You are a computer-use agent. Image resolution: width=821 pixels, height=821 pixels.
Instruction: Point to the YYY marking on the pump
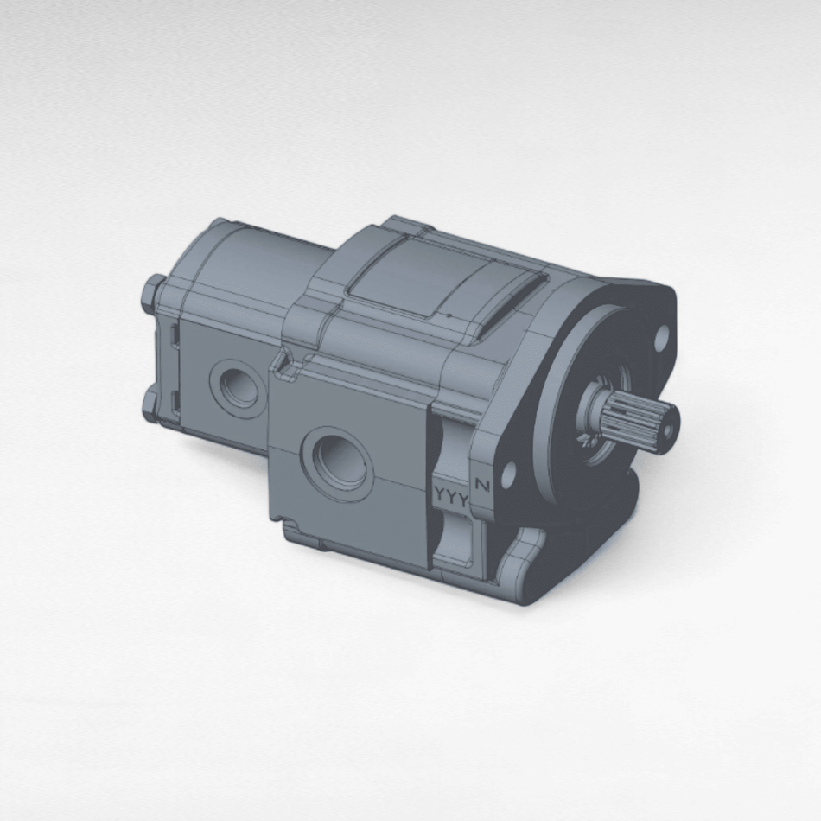pos(450,498)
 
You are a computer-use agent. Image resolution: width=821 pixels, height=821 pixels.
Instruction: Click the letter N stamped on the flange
pos(482,486)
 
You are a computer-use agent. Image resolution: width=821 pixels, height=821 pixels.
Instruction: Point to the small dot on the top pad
pos(449,315)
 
